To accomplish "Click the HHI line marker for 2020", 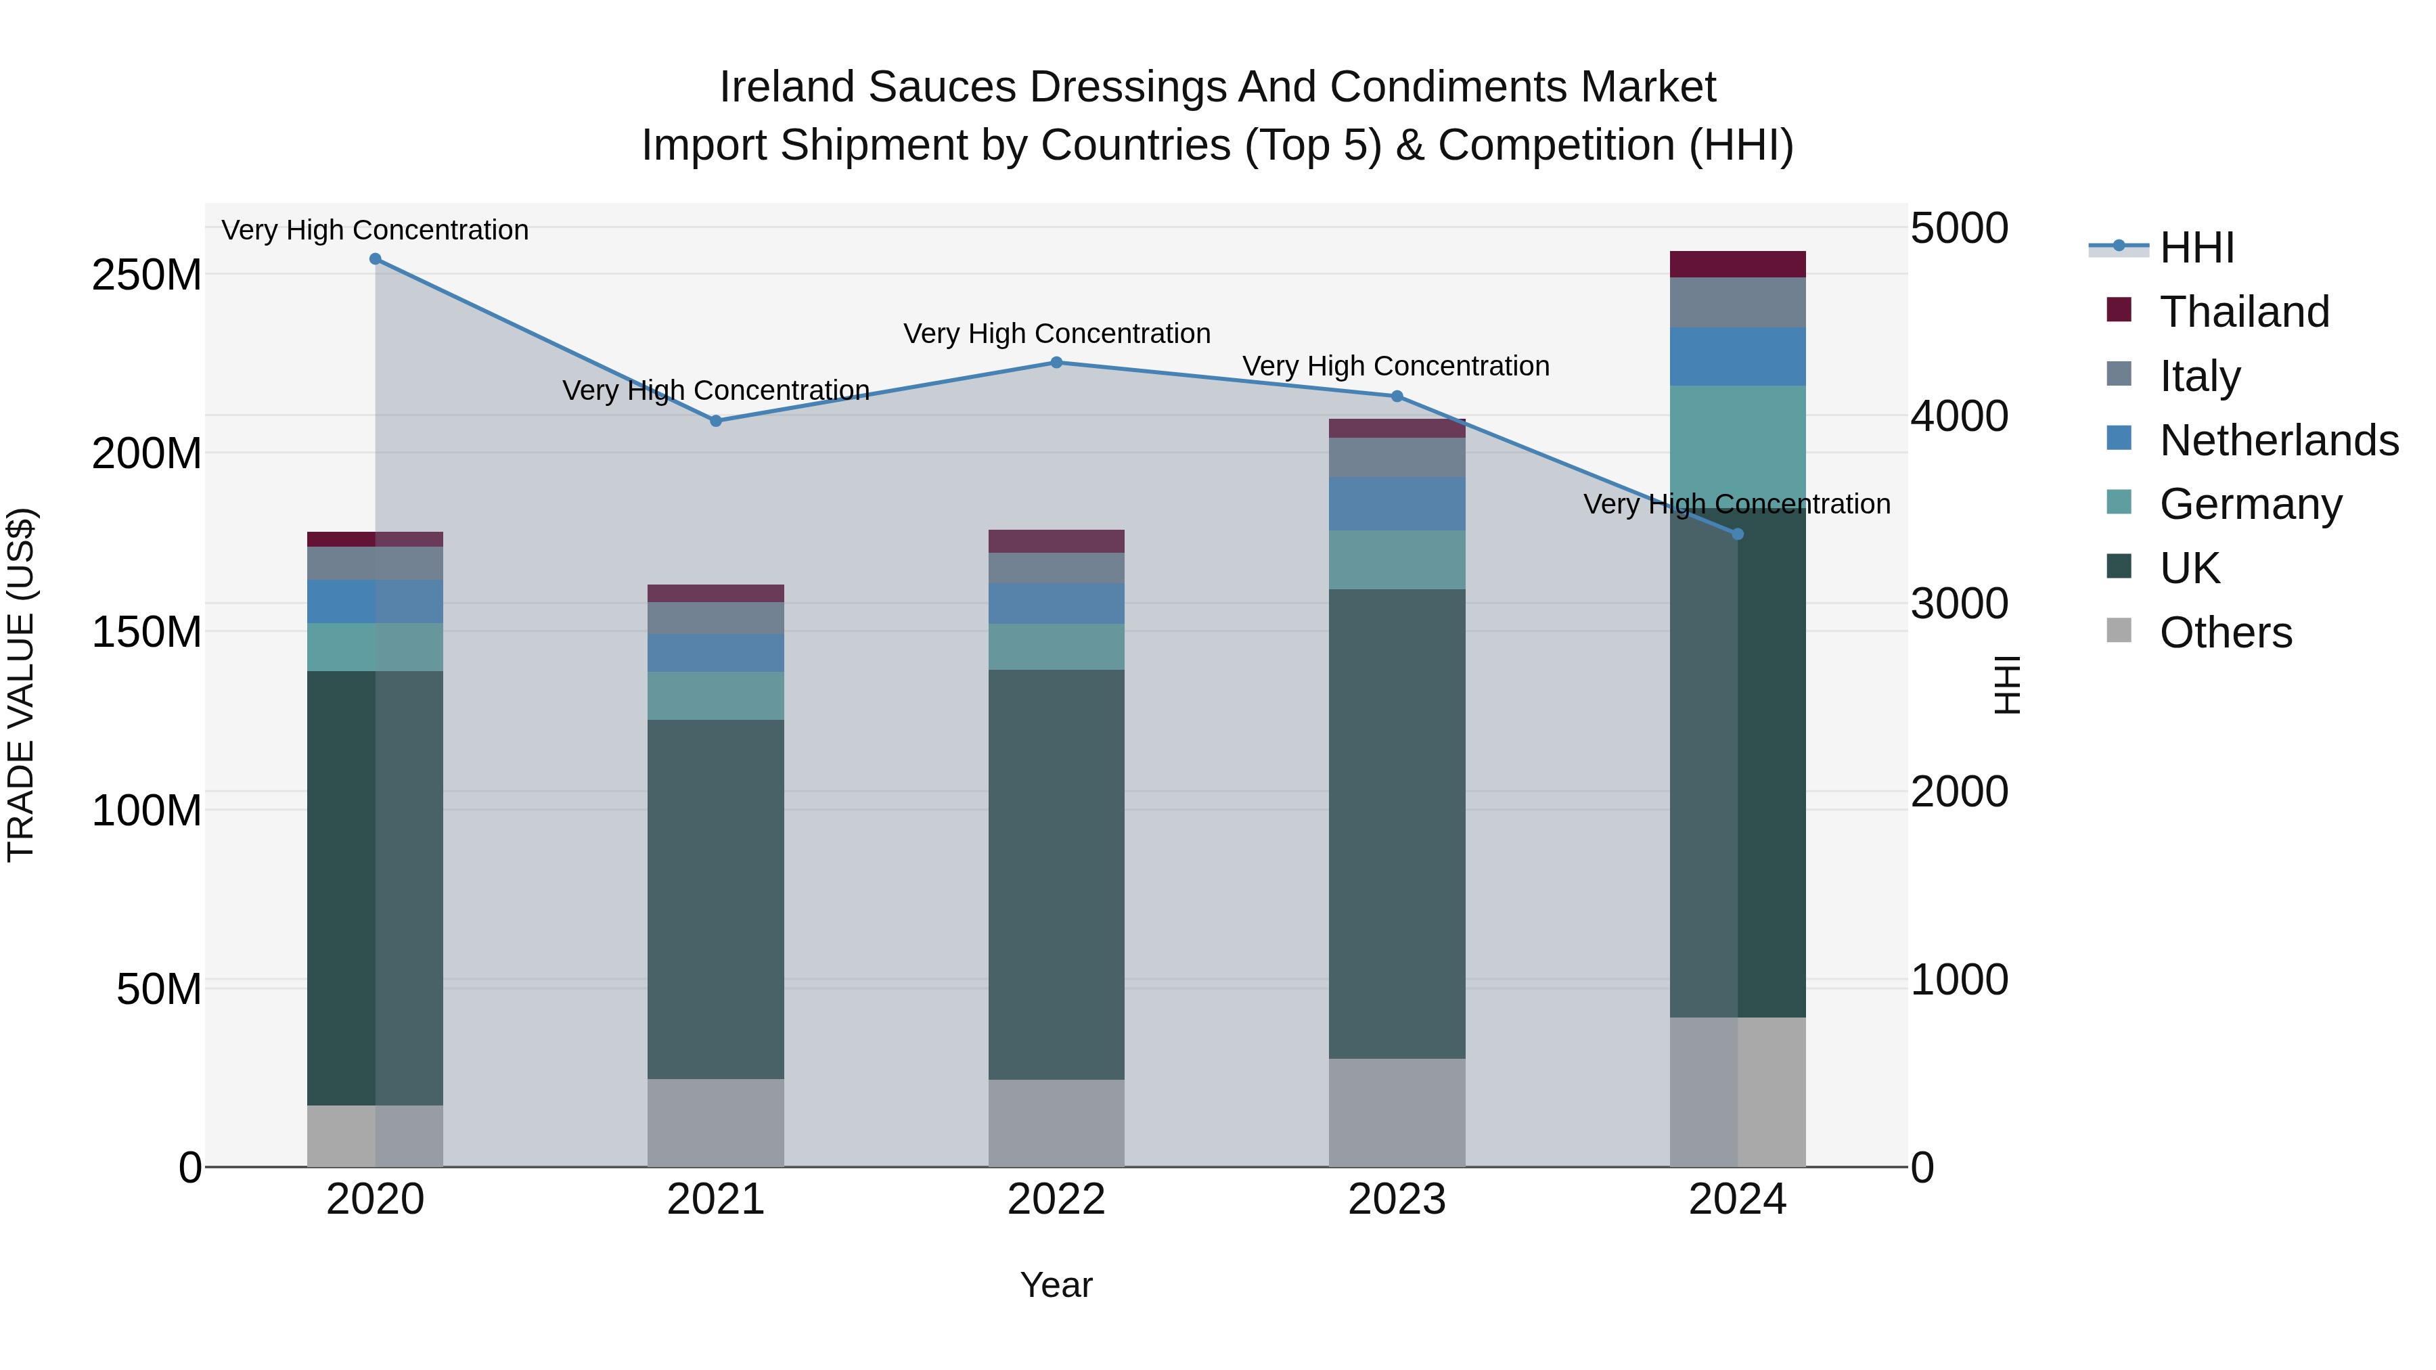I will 376,259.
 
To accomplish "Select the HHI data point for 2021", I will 716,421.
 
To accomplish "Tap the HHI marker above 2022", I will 1056,362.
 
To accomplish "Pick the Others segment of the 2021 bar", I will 716,1122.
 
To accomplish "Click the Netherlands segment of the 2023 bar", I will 1397,504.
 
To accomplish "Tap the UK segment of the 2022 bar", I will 1056,875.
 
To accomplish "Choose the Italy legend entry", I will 2200,376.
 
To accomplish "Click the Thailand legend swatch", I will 2119,310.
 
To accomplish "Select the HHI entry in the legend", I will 2196,248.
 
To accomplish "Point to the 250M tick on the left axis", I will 147,275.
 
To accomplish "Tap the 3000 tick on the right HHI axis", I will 1958,603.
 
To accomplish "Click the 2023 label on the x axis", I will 1397,1200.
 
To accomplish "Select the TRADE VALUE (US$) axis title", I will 21,685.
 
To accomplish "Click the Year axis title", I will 1056,1285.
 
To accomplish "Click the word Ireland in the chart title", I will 787,87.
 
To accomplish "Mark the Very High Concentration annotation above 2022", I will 1056,334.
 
